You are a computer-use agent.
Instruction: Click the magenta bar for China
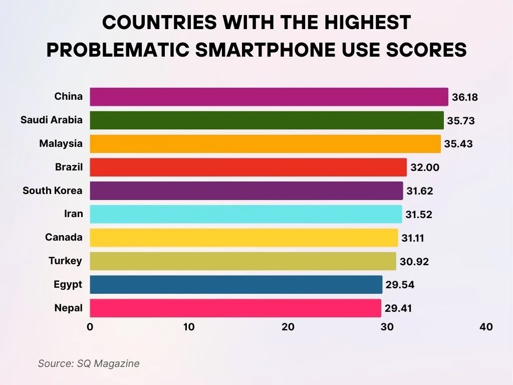click(x=269, y=97)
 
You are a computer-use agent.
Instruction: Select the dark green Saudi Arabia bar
click(x=267, y=120)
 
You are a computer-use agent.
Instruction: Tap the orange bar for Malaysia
click(x=265, y=144)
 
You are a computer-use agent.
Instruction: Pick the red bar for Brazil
click(x=248, y=167)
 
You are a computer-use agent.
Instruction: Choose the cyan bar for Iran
click(x=245, y=214)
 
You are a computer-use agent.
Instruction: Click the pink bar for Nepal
click(x=235, y=308)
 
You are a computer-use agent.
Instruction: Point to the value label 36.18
click(x=464, y=97)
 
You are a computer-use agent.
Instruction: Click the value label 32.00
click(x=424, y=167)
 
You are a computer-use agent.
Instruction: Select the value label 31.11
click(x=412, y=238)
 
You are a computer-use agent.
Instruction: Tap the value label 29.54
click(x=400, y=285)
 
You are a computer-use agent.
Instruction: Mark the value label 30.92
click(x=414, y=262)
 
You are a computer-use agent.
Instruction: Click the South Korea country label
click(x=53, y=190)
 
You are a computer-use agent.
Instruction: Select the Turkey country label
click(x=65, y=261)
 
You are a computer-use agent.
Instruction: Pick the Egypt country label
click(x=68, y=284)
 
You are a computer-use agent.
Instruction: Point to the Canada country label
click(x=64, y=237)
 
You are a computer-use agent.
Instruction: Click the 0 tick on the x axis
click(x=90, y=327)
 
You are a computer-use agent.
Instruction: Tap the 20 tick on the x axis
click(x=288, y=327)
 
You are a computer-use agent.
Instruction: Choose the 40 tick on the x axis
click(x=486, y=327)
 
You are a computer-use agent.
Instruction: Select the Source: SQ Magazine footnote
click(x=89, y=363)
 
